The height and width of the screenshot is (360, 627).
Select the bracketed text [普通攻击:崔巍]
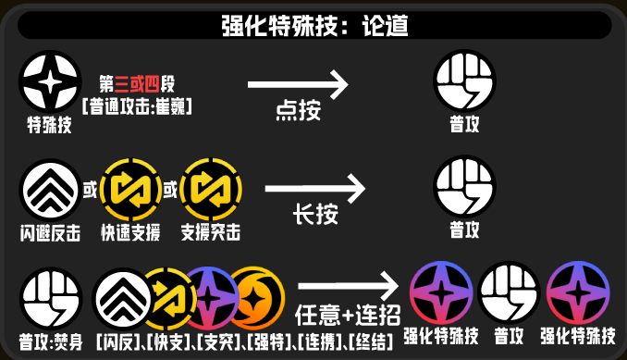pyautogui.click(x=136, y=106)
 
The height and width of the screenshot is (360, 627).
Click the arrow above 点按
pyautogui.click(x=298, y=87)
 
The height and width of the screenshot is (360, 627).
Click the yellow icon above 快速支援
pyautogui.click(x=129, y=189)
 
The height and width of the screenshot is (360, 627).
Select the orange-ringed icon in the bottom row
pyautogui.click(x=253, y=295)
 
